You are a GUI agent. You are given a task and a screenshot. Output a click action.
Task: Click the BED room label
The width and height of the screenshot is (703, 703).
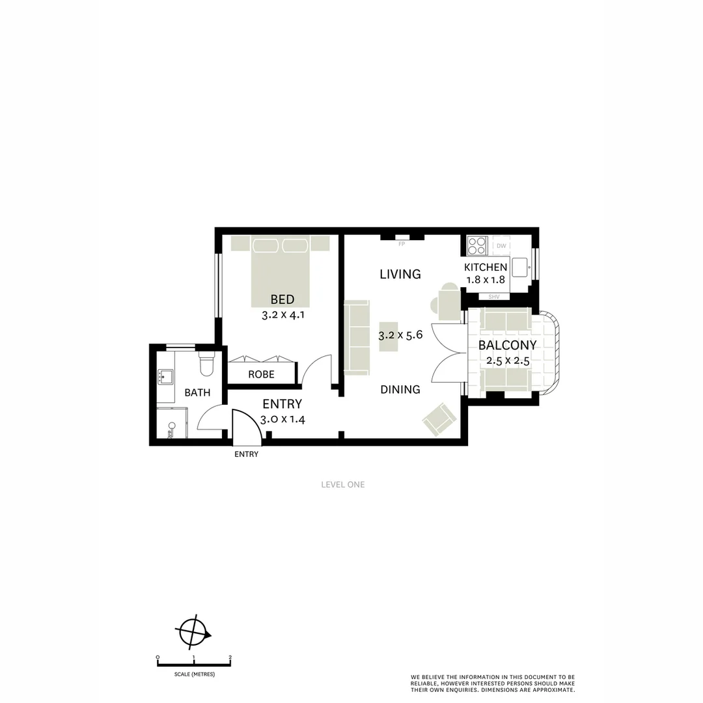pyautogui.click(x=283, y=300)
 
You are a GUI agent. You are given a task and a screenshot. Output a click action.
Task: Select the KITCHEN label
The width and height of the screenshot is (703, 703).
pyautogui.click(x=486, y=268)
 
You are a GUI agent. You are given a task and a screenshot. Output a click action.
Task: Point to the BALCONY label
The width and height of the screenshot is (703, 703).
pyautogui.click(x=508, y=346)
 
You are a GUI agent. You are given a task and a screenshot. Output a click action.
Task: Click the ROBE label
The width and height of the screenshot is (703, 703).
pyautogui.click(x=261, y=375)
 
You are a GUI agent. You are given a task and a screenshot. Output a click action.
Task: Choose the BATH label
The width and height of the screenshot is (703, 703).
pyautogui.click(x=197, y=393)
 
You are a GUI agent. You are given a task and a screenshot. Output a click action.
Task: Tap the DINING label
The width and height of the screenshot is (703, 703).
pyautogui.click(x=400, y=390)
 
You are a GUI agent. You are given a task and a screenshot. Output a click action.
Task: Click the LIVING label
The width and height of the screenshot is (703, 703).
pyautogui.click(x=400, y=274)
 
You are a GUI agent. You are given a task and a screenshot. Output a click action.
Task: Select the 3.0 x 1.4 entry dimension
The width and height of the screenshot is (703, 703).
pyautogui.click(x=283, y=420)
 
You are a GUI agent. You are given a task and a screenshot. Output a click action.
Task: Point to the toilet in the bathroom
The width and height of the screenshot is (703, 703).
pyautogui.click(x=206, y=365)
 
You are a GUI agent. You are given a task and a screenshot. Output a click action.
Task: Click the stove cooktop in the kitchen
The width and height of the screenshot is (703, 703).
pyautogui.click(x=477, y=245)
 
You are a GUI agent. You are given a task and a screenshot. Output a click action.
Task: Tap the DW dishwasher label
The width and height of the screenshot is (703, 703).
pyautogui.click(x=501, y=246)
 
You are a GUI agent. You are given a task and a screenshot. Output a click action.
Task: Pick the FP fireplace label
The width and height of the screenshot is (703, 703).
pyautogui.click(x=402, y=244)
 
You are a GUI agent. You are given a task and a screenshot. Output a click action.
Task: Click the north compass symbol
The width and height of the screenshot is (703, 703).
pyautogui.click(x=193, y=630)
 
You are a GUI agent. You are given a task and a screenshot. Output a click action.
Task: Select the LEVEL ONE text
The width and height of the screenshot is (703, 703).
pyautogui.click(x=343, y=484)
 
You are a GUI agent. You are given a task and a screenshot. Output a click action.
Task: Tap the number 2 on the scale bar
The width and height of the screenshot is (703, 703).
pyautogui.click(x=230, y=657)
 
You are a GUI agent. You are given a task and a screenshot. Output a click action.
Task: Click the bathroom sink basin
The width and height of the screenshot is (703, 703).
pyautogui.click(x=165, y=377)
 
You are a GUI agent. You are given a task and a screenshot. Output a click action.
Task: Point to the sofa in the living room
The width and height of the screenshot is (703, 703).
pyautogui.click(x=356, y=337)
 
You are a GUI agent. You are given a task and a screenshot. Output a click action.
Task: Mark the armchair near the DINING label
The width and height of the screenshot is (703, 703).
pyautogui.click(x=439, y=419)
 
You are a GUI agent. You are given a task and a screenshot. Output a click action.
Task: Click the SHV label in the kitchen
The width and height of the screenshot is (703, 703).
pyautogui.click(x=493, y=297)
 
